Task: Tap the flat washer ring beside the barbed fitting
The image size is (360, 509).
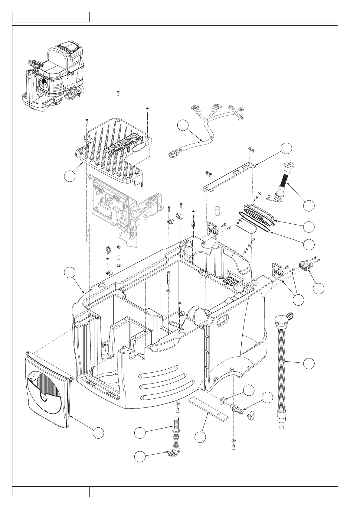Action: [223, 401]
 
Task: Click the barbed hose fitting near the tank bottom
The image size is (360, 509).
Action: [237, 409]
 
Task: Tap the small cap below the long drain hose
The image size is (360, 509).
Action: [282, 427]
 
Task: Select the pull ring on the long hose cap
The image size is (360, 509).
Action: [290, 316]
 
